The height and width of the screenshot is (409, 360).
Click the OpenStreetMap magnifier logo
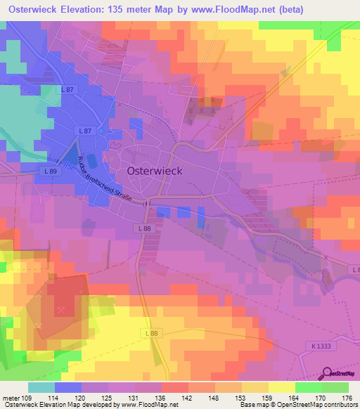(x=328, y=374)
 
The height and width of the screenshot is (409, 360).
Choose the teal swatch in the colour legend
(x=41, y=387)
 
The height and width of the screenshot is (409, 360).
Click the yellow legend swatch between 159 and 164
(x=281, y=387)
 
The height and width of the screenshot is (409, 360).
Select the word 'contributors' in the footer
(x=340, y=405)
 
